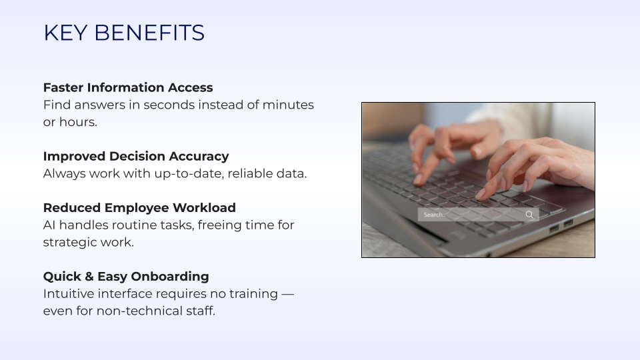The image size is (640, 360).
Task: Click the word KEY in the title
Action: (x=65, y=33)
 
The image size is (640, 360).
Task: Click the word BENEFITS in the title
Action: (x=149, y=33)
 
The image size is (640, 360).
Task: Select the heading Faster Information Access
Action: (x=128, y=88)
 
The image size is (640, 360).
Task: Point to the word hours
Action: (x=78, y=122)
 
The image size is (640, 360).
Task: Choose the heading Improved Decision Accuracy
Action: (x=136, y=156)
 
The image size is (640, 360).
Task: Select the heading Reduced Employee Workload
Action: (x=139, y=208)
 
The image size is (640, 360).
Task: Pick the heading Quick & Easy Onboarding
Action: (x=126, y=277)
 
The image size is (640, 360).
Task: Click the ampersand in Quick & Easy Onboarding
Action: (x=89, y=277)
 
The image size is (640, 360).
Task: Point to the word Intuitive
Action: (x=69, y=294)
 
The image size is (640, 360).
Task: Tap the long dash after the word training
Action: (x=287, y=294)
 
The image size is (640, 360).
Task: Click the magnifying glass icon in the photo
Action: (x=529, y=215)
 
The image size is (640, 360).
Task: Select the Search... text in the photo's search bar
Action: (x=435, y=215)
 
